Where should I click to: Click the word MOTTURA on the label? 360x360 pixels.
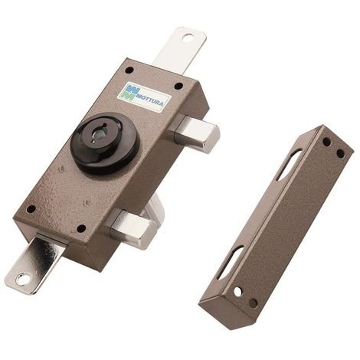pos(149,100)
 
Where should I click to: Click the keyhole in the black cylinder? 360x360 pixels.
pos(98,133)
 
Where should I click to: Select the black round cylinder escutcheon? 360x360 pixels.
pos(105,144)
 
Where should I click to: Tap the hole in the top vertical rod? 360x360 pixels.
pos(188,38)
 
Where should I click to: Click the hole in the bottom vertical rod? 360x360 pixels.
pos(21,279)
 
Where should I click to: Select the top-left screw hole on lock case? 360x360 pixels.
pos(129,70)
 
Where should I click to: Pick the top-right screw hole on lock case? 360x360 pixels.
pos(178,86)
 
